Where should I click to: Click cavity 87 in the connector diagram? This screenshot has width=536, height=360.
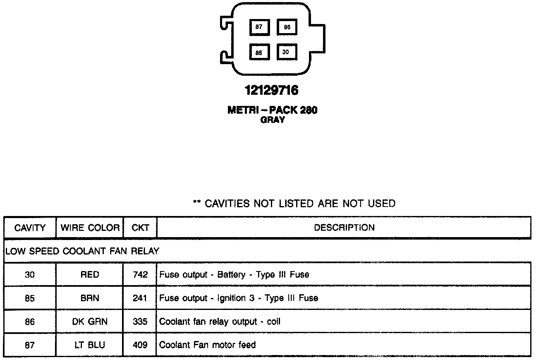coord(259,27)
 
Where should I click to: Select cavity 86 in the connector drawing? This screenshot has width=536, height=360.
coord(287,27)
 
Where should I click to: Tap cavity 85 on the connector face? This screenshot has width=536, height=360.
coord(259,53)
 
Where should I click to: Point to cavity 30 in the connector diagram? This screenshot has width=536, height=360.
coord(286,52)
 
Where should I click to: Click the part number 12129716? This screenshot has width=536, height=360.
coord(272,90)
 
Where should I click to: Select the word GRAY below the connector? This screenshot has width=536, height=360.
coord(272,120)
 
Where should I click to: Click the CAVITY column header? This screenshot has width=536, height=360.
coord(30,228)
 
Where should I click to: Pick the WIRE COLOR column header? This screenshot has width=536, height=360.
coord(90,228)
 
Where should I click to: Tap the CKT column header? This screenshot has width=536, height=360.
coord(140,228)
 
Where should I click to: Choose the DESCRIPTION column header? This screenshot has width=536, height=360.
coord(344,228)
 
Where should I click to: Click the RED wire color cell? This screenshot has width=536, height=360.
coord(90,274)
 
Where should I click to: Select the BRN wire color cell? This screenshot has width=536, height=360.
coord(90,298)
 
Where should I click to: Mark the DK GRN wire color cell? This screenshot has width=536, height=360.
coord(90,322)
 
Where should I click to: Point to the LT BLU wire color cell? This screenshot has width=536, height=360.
coord(90,345)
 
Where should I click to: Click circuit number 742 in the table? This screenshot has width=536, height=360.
coord(140,274)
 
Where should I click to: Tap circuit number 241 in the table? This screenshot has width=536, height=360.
coord(140,298)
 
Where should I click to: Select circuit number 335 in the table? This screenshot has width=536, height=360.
coord(140,322)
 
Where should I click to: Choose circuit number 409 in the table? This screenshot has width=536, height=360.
coord(140,345)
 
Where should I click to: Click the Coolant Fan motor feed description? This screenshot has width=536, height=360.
coord(208,345)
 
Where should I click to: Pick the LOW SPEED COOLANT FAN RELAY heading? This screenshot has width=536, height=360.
coord(82,251)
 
